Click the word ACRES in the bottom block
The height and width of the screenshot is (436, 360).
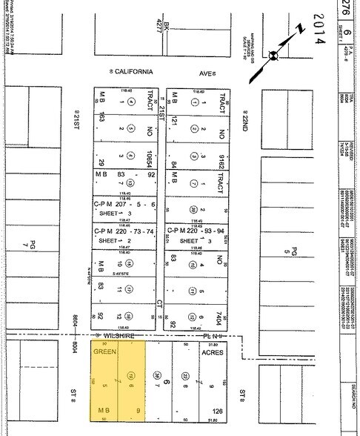(x=212, y=353)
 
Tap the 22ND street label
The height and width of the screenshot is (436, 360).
(x=242, y=119)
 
